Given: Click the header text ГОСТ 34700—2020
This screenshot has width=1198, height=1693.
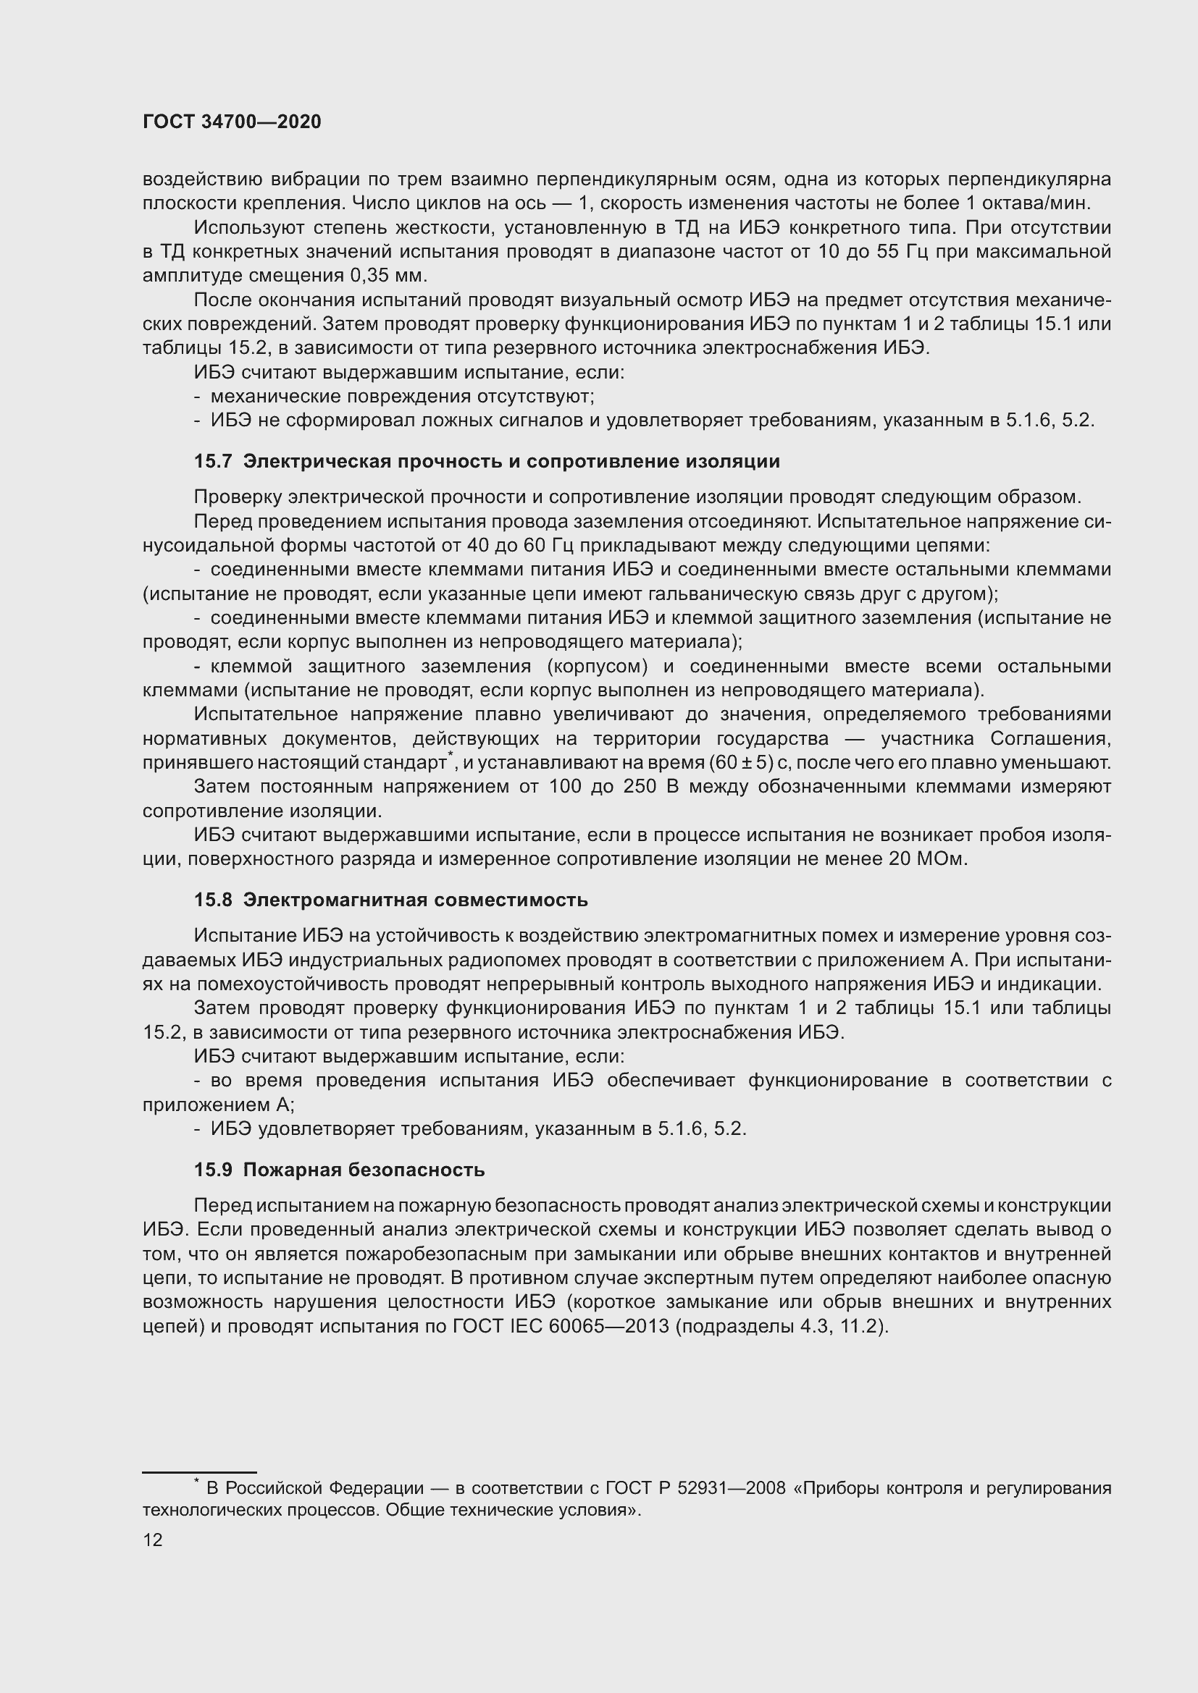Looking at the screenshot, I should pos(232,122).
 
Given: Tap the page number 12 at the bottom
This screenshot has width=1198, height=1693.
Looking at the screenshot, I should pos(153,1540).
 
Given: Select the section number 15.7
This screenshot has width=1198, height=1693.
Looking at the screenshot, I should pos(213,462).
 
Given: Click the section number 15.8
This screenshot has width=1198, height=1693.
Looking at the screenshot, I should pos(213,900).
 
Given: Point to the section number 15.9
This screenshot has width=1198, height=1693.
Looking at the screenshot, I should pos(213,1170).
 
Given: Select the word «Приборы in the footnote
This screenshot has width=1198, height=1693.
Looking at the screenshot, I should pos(834,1488).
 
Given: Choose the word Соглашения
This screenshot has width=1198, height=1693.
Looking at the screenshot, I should pos(1050,738).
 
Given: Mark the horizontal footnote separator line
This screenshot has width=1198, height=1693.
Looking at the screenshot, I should pos(199,1451).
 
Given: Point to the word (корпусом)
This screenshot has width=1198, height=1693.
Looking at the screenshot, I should pos(597,667).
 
